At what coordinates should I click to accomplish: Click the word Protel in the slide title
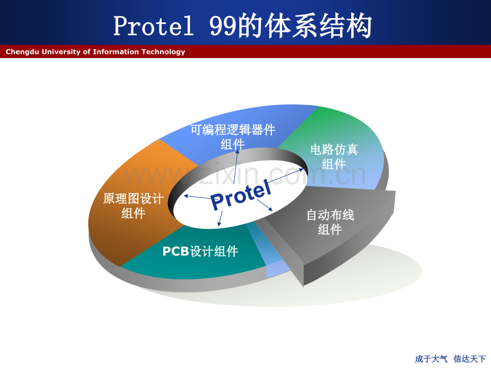coord(154,26)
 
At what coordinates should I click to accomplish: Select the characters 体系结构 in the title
coord(319,26)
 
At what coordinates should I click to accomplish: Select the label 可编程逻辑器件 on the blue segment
coord(233,130)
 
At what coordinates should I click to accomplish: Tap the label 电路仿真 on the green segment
coord(334,149)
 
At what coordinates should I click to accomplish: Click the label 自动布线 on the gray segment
coord(330,215)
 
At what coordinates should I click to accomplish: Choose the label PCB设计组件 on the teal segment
coord(201,251)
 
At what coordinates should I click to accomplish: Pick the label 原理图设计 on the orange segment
coord(133,199)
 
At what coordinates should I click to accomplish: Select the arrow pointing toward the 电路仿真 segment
coord(286,176)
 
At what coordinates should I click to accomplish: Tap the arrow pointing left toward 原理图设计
coord(197,197)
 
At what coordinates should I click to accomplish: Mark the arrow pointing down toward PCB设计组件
coord(220,219)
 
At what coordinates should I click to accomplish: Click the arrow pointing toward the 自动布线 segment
coord(265,205)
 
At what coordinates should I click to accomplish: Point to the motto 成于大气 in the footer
coord(431,359)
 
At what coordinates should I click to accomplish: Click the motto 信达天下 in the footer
coord(470,359)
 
